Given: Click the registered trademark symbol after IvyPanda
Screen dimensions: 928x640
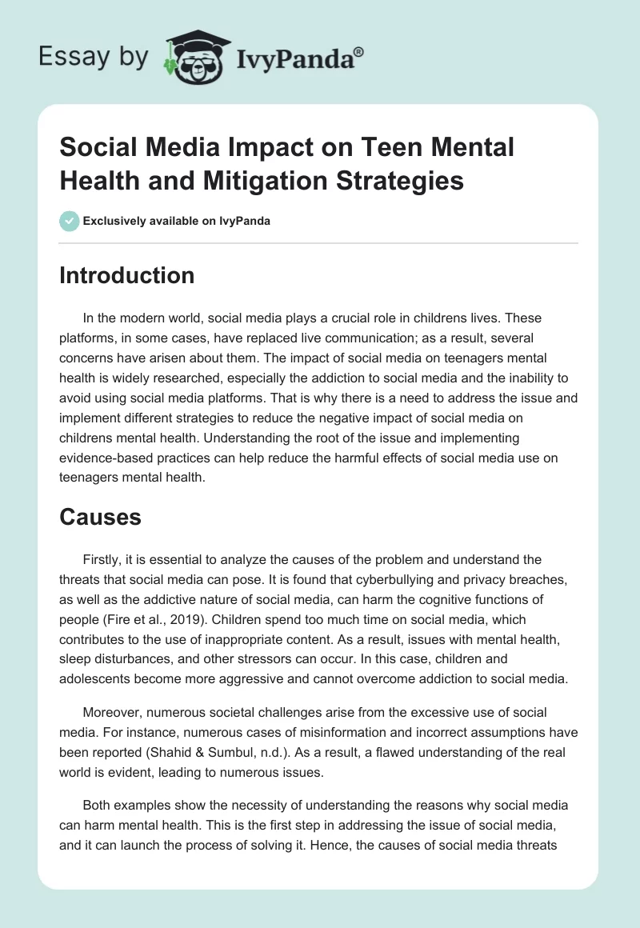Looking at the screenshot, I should point(359,51).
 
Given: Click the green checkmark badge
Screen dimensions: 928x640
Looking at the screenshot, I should point(70,221).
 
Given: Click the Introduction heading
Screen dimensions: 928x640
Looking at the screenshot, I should point(127,275).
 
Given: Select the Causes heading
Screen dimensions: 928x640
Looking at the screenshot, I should point(100,517).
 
